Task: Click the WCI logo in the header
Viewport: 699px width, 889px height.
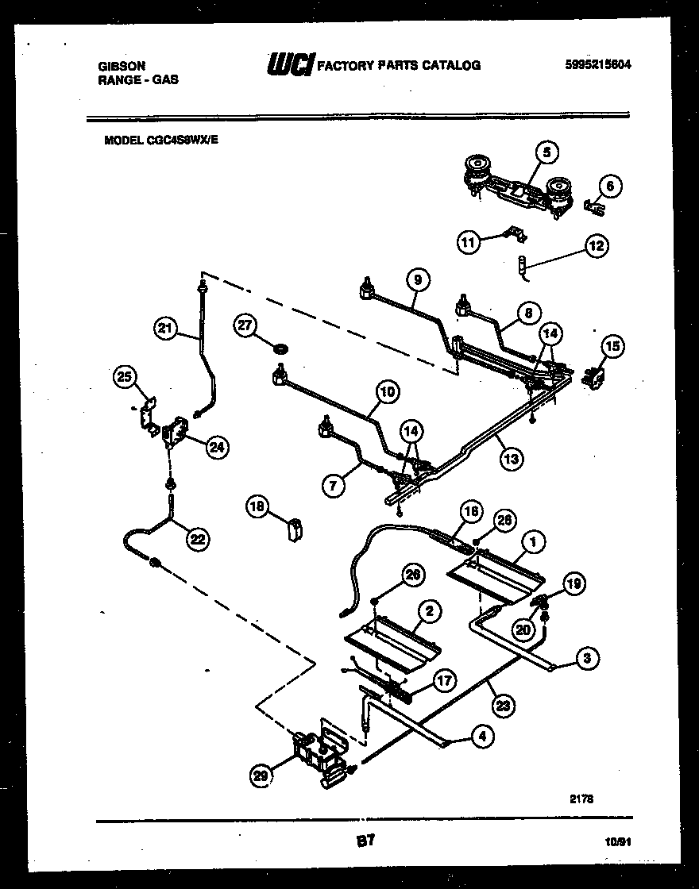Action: (292, 64)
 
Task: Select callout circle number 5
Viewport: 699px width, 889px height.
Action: (546, 151)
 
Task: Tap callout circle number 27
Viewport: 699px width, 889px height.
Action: (246, 325)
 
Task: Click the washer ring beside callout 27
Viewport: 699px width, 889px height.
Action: (278, 348)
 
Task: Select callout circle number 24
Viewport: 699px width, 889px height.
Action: (215, 448)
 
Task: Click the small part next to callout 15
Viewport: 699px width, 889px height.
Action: (591, 378)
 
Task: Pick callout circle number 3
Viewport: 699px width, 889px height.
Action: (587, 657)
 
